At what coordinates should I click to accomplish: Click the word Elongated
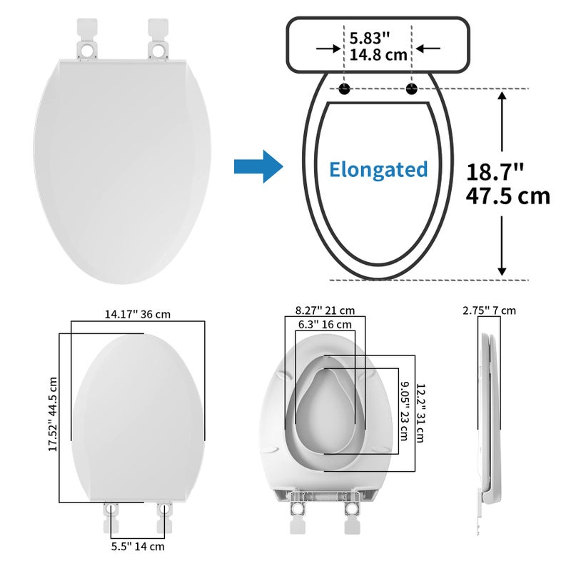378,169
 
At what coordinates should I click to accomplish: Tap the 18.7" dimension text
495,172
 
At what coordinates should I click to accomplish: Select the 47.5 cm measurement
508,196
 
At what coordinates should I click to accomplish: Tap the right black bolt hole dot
411,89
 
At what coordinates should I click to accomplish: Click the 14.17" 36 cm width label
138,313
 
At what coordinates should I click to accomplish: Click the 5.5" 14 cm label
137,547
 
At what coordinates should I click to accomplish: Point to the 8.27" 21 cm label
325,310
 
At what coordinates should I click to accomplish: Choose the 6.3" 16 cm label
325,325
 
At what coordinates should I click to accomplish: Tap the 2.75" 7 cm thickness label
489,310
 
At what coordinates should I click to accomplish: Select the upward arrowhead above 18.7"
502,100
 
